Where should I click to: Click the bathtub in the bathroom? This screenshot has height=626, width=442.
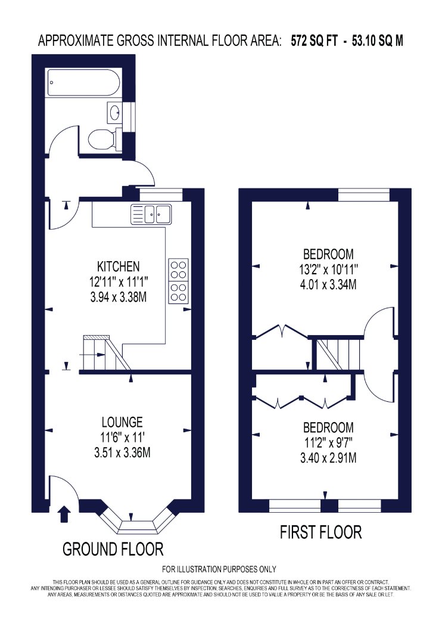click(83, 83)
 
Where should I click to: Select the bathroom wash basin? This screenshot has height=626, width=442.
click(114, 112)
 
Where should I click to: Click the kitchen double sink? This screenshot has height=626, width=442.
click(151, 214)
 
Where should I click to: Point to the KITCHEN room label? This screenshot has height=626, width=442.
click(119, 266)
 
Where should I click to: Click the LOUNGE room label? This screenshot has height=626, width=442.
click(122, 422)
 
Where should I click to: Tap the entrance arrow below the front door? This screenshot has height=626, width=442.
click(64, 514)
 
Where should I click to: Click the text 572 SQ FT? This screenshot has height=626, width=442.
click(314, 41)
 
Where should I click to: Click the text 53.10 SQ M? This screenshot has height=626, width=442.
click(378, 41)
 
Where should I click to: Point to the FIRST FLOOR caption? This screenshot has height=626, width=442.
click(320, 532)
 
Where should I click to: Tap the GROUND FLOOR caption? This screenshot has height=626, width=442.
click(113, 549)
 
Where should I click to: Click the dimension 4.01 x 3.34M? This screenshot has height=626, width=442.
click(328, 284)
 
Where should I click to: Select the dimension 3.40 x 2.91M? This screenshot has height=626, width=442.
click(328, 457)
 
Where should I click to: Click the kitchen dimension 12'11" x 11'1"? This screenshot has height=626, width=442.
click(119, 282)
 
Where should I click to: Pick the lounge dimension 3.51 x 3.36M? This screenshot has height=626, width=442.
click(122, 453)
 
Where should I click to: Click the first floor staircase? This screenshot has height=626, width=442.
click(338, 354)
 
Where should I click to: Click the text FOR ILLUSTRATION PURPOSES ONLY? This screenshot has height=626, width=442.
click(219, 569)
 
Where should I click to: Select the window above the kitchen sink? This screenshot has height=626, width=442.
click(160, 195)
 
